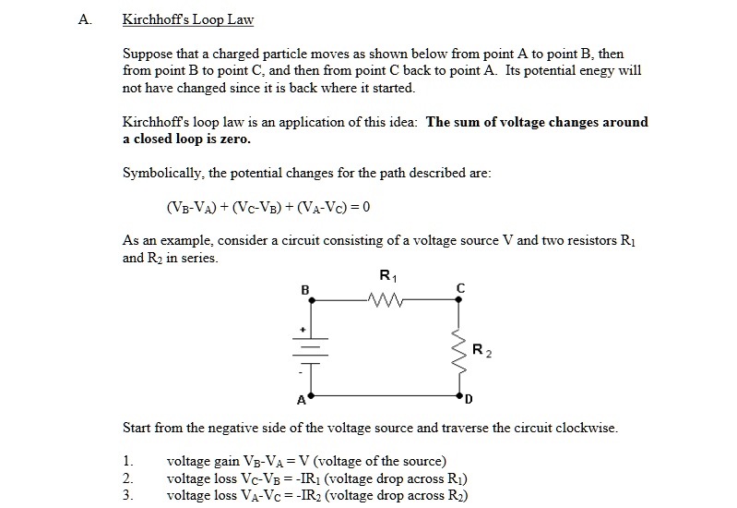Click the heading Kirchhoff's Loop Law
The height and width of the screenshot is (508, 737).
click(188, 19)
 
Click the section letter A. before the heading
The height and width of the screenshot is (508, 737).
click(85, 19)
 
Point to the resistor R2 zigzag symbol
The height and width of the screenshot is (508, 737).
click(456, 347)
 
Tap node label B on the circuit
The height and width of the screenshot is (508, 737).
click(305, 290)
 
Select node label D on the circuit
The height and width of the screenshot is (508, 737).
click(469, 400)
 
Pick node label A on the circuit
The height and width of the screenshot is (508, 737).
click(300, 401)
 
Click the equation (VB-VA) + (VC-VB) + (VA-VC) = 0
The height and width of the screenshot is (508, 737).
click(267, 206)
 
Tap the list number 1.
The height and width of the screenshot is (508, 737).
click(127, 461)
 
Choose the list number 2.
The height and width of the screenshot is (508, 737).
click(127, 478)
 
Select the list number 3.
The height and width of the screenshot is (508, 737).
click(127, 495)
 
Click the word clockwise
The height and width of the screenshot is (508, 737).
click(587, 429)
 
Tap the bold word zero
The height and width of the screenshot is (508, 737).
click(234, 139)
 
